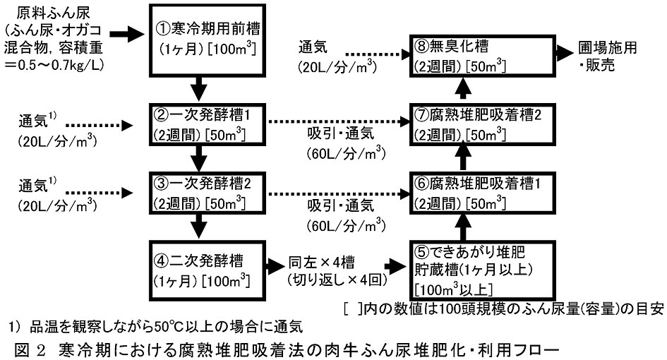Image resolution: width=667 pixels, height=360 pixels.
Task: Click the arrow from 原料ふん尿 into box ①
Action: [x=127, y=33]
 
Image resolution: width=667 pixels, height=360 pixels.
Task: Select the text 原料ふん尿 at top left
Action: [x=42, y=14]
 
